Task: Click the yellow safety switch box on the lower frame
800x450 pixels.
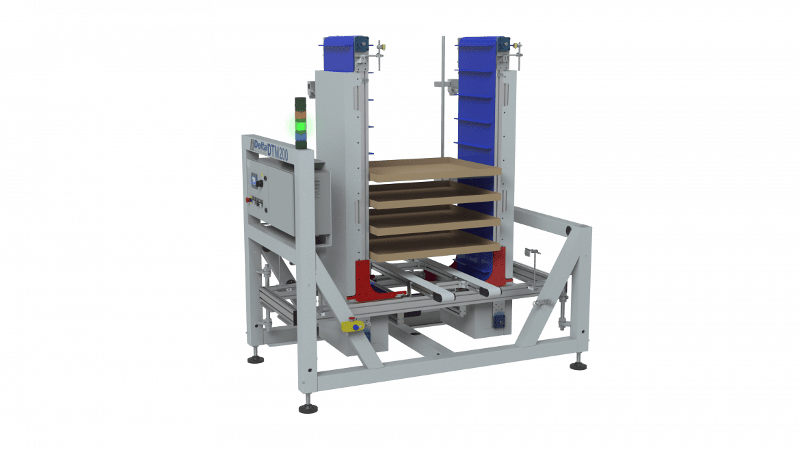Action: click(355, 326)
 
